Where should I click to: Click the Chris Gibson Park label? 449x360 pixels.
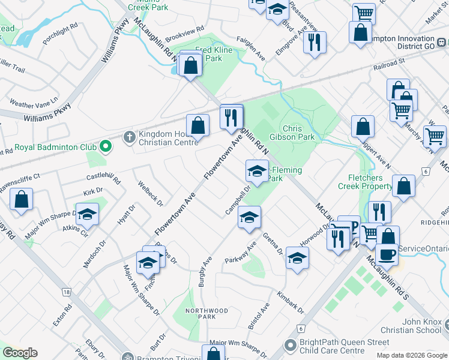[x=300, y=133]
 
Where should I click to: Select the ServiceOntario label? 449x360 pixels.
[x=424, y=248]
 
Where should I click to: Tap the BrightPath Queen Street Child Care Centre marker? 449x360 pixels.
[x=291, y=345]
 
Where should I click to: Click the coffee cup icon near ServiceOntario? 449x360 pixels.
[x=387, y=254]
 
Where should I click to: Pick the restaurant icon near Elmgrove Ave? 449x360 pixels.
[x=315, y=42]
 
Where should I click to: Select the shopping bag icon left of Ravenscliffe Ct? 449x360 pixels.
[x=21, y=200]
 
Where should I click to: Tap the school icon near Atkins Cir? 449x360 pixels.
[x=88, y=214]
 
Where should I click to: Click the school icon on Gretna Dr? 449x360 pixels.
[x=297, y=258]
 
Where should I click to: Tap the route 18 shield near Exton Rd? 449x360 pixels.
[x=65, y=292]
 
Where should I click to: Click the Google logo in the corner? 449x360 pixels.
[x=20, y=353]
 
